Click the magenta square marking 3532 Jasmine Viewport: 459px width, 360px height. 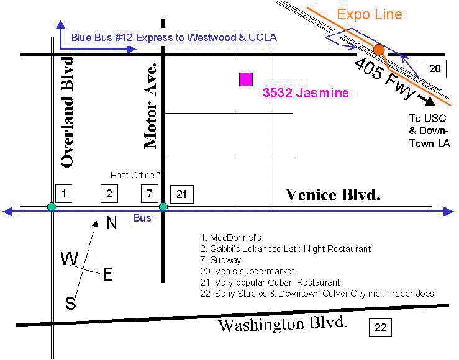[246, 79]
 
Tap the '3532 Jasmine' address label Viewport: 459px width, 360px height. [306, 93]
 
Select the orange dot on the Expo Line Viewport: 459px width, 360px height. [378, 49]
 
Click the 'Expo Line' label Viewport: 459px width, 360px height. [370, 14]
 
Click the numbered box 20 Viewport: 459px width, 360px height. [435, 68]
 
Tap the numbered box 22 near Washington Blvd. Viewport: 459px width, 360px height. [380, 327]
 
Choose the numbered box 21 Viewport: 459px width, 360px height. [182, 194]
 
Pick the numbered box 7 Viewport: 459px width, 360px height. [150, 194]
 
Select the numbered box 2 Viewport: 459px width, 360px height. [109, 194]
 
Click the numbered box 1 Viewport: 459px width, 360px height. [65, 194]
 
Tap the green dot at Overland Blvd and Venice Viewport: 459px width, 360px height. [52, 207]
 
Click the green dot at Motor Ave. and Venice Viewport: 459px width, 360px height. [163, 207]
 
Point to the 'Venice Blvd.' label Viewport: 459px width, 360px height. [333, 195]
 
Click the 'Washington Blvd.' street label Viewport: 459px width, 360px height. [283, 324]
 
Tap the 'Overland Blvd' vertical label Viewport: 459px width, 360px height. [68, 112]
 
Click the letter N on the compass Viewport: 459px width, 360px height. [111, 223]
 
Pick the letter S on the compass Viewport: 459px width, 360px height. [71, 303]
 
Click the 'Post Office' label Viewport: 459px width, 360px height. [135, 175]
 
